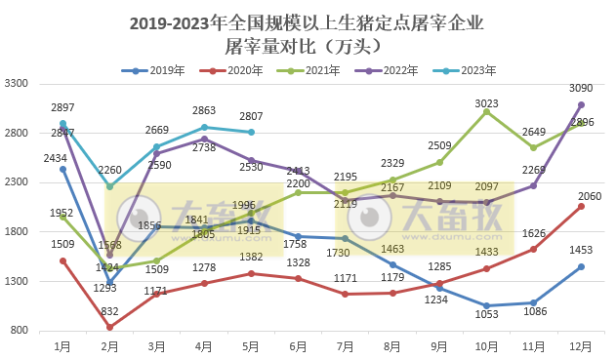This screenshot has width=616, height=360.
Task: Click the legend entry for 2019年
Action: click(153, 70)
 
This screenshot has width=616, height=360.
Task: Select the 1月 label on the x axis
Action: click(62, 346)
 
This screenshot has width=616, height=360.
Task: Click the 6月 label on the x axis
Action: click(298, 346)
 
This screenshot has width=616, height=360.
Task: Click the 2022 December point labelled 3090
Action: click(581, 104)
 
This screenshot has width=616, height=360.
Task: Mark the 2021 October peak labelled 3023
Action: click(486, 111)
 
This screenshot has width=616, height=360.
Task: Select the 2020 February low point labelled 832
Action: click(109, 328)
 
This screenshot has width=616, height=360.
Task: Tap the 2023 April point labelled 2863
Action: click(204, 127)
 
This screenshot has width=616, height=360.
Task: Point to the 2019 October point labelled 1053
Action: click(486, 305)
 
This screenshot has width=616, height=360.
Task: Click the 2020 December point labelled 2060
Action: click(581, 206)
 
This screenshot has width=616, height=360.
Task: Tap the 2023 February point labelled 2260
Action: click(109, 186)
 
